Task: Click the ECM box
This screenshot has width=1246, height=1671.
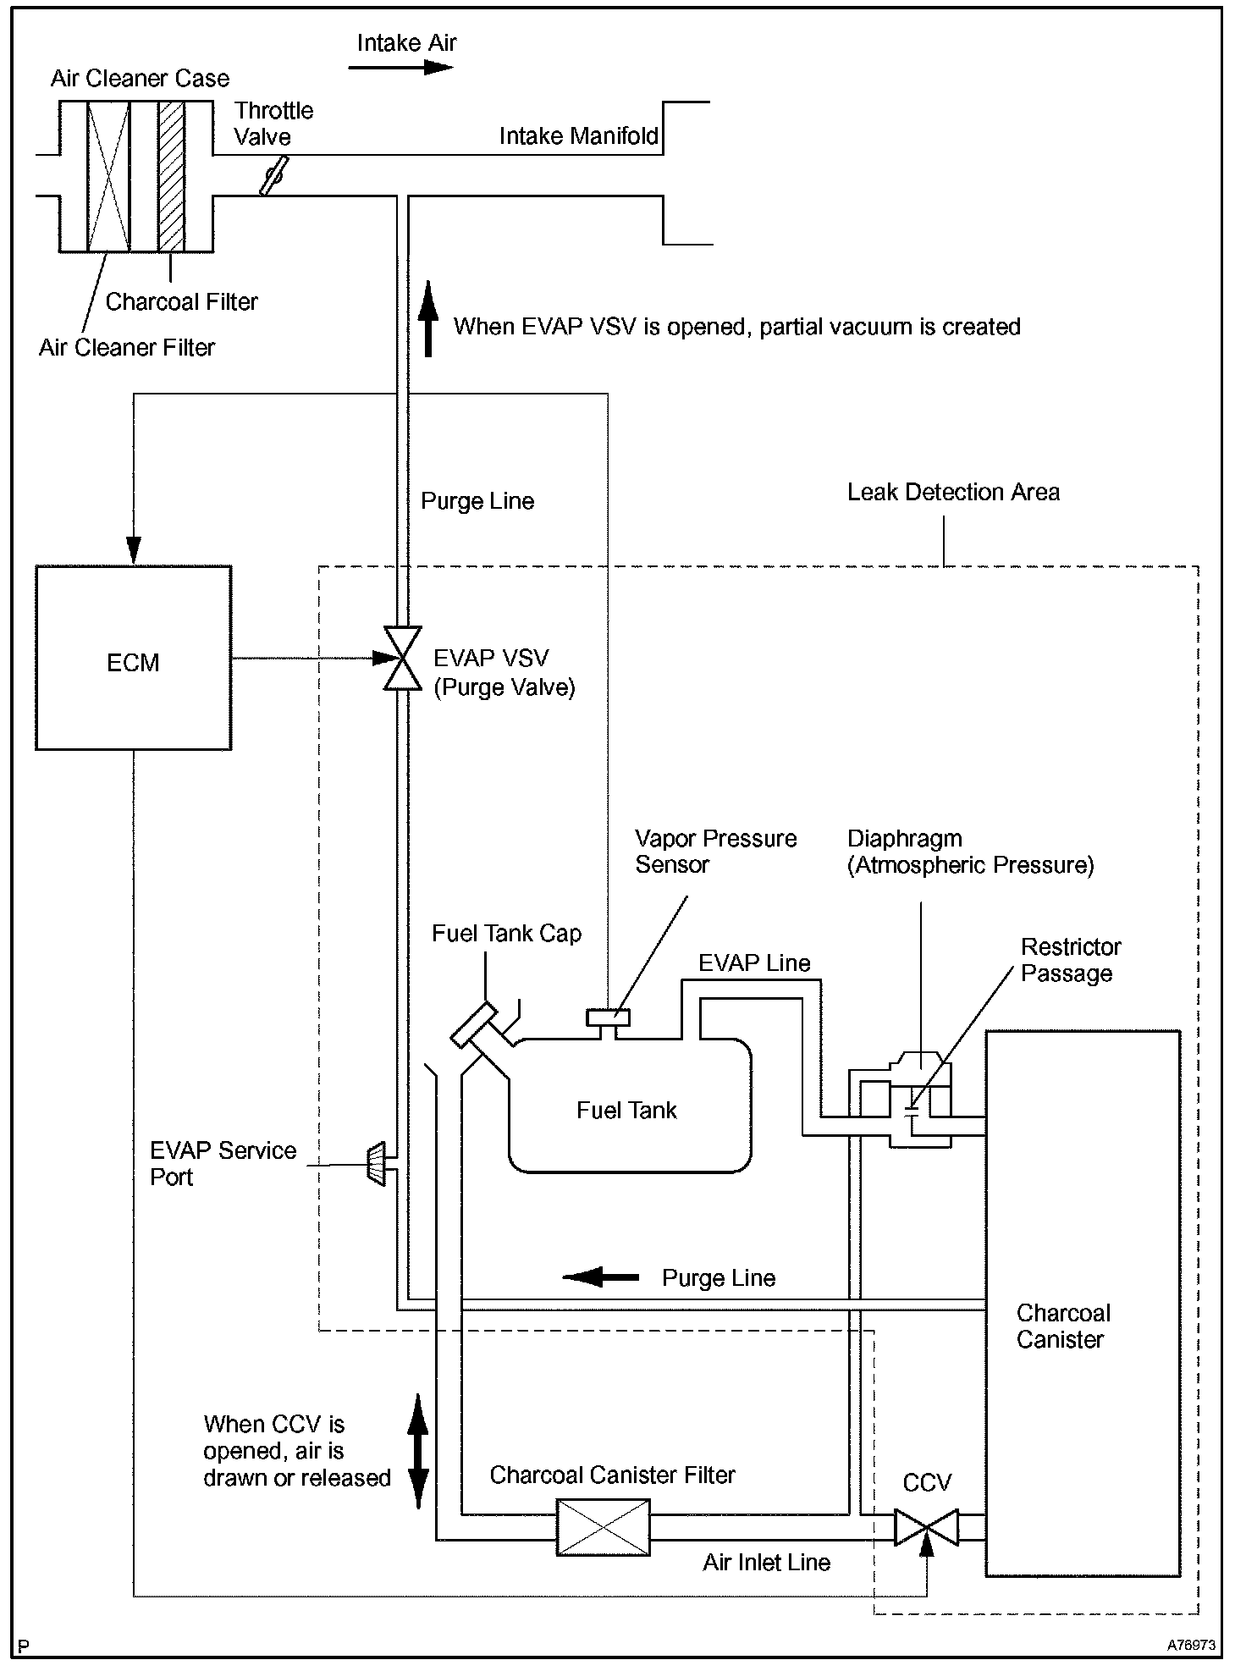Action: [133, 659]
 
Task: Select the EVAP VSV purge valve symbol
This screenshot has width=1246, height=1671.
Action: [403, 659]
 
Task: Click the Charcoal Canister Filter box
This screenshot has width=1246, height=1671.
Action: [603, 1527]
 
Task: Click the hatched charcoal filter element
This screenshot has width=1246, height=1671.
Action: [172, 176]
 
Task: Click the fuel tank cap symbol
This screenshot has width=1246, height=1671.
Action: [474, 1024]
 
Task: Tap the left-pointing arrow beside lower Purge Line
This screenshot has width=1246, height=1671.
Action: [601, 1277]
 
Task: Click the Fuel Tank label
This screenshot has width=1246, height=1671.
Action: [626, 1111]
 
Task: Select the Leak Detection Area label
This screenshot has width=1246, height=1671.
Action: [953, 493]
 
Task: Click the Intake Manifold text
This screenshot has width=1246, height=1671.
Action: [579, 136]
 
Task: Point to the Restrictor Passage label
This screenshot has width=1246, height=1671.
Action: [1070, 960]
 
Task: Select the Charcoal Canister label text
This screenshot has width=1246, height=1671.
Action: [1062, 1326]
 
